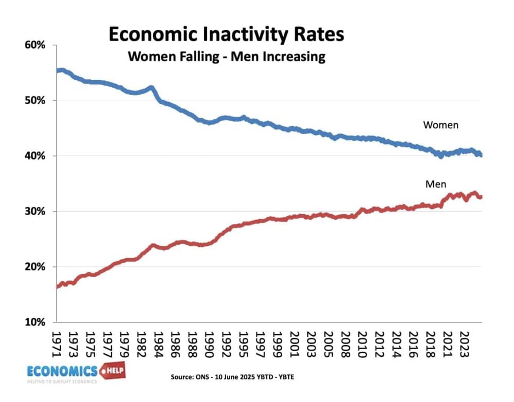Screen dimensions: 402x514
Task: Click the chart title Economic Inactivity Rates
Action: pyautogui.click(x=226, y=35)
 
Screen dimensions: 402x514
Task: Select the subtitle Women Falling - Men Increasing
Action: pyautogui.click(x=226, y=56)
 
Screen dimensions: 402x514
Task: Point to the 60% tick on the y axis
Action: pyautogui.click(x=35, y=45)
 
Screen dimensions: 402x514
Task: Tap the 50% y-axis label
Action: pyautogui.click(x=35, y=101)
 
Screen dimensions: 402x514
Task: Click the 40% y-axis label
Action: pyautogui.click(x=35, y=156)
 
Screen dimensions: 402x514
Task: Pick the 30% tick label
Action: pyautogui.click(x=35, y=212)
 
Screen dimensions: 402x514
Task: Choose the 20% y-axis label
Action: pyautogui.click(x=35, y=267)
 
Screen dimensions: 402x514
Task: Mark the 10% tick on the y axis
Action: pyautogui.click(x=35, y=322)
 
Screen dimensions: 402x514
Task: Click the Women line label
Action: pyautogui.click(x=440, y=125)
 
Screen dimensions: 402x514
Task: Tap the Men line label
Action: pyautogui.click(x=436, y=184)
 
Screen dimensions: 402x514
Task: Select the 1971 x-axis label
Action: pyautogui.click(x=58, y=341)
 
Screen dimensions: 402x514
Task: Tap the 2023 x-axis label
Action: pyautogui.click(x=463, y=341)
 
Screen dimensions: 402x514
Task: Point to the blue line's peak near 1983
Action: pyautogui.click(x=151, y=88)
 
